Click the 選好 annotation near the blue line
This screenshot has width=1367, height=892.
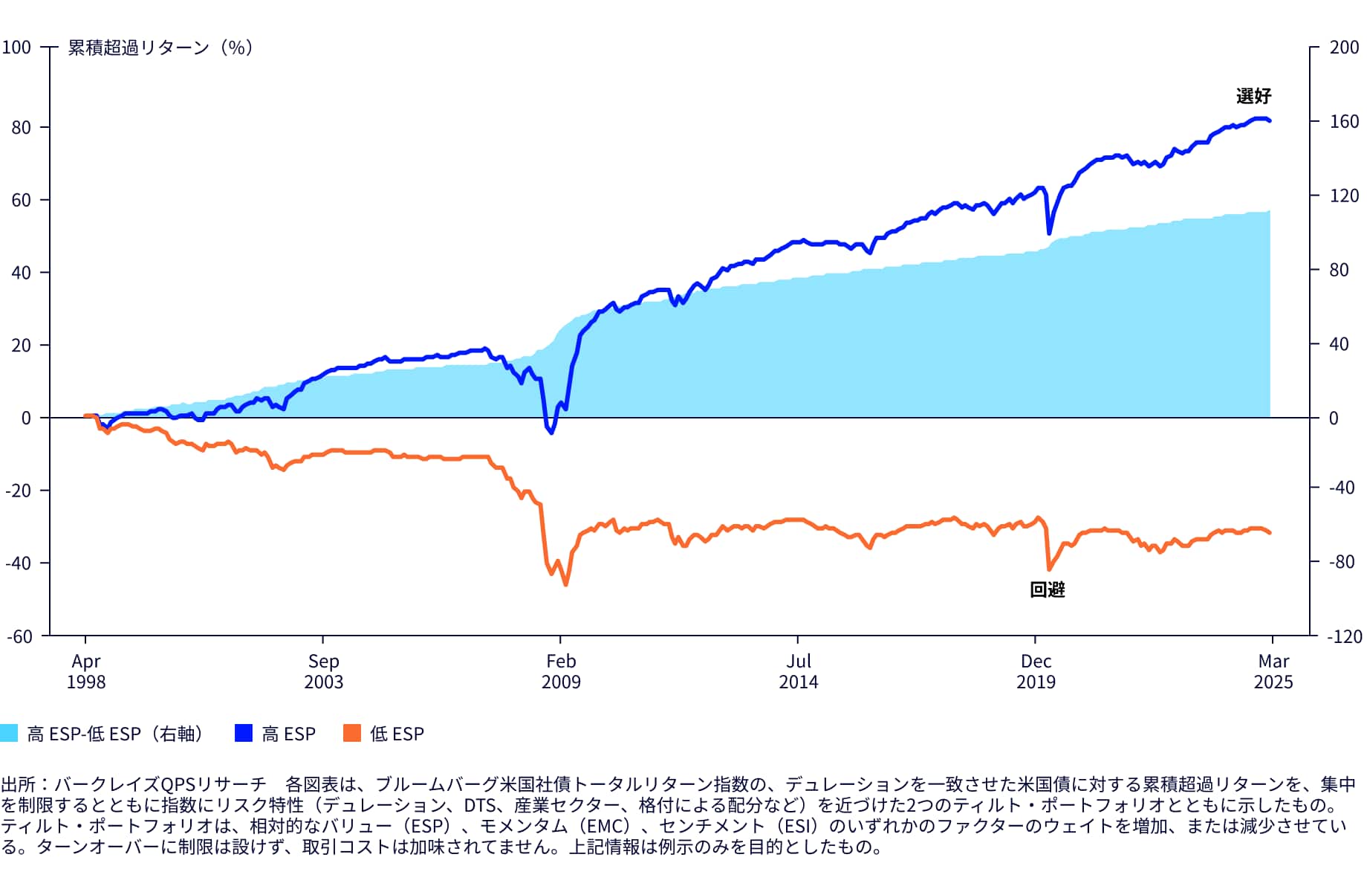(1253, 96)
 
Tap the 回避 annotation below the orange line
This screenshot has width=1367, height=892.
(1048, 589)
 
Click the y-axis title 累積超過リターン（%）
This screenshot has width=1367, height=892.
(160, 48)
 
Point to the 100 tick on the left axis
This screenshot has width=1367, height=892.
(16, 48)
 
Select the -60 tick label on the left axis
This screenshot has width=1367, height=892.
(19, 636)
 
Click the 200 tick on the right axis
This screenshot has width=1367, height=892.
(1344, 48)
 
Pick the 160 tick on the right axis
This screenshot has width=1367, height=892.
(1344, 121)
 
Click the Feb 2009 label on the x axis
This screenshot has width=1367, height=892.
(561, 671)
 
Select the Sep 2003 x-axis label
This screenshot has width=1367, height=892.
(323, 671)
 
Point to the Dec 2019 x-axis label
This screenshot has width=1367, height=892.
(1036, 671)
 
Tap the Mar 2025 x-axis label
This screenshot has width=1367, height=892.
(1273, 671)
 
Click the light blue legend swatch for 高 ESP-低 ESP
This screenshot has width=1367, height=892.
(9, 733)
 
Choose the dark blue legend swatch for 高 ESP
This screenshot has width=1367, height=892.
(244, 733)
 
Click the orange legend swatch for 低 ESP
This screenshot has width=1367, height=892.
(352, 733)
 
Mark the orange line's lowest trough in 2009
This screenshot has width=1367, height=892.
(566, 584)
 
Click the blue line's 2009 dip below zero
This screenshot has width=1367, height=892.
(551, 432)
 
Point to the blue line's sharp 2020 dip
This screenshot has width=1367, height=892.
(1049, 233)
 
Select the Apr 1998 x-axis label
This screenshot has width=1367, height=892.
(86, 671)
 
